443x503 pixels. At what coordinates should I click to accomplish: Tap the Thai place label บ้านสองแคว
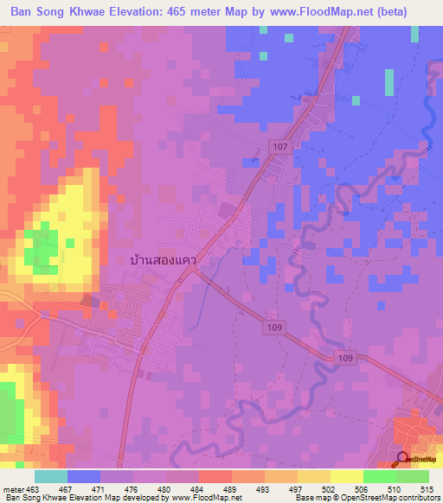(164, 259)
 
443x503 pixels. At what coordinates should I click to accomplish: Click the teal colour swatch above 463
(50, 476)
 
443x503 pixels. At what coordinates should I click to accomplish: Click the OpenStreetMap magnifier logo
(403, 460)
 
